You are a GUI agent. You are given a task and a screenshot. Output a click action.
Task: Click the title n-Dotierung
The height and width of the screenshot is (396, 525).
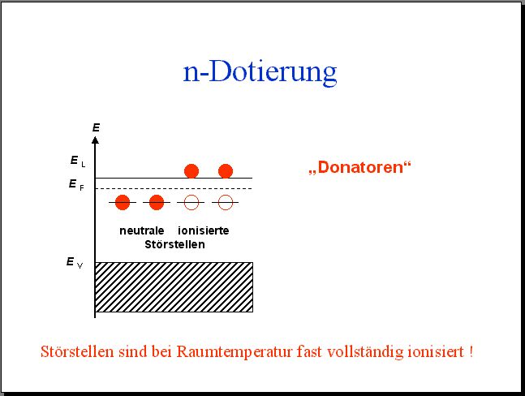coord(260,72)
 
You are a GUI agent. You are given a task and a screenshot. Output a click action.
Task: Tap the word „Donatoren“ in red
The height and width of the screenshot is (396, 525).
coord(359,167)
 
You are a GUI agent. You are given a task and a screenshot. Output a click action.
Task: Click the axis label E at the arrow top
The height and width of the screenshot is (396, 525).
coord(96,127)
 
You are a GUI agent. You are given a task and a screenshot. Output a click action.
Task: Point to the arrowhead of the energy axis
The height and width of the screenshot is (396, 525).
coord(96,140)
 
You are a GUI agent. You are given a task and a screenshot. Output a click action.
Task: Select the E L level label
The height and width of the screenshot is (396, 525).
coord(78,161)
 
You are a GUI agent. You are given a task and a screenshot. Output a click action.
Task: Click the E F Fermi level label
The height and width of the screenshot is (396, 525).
coord(76,185)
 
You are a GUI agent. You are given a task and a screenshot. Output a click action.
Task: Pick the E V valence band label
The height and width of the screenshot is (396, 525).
coord(75,263)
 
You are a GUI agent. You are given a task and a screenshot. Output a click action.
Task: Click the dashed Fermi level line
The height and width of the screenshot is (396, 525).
coord(174,189)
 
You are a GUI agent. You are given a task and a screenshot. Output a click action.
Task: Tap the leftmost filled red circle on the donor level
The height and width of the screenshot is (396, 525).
coord(123,202)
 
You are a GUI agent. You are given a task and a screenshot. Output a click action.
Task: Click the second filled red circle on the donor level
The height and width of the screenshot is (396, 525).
coord(157,202)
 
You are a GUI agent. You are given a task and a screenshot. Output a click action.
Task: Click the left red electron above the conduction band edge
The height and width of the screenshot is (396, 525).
coord(191,171)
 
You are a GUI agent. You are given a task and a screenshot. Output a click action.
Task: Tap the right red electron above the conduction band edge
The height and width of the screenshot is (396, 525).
coord(226,171)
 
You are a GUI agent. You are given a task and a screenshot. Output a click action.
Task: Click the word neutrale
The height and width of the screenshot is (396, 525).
coord(142,230)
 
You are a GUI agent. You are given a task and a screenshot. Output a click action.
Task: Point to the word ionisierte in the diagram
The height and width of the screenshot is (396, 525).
coord(204,230)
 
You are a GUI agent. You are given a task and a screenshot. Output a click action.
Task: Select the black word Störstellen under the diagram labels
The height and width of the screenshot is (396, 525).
coord(174,244)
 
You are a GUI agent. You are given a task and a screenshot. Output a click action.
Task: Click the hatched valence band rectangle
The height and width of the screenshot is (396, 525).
coord(174,287)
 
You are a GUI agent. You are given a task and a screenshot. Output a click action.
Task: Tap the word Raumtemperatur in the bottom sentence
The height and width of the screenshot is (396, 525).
coord(235,352)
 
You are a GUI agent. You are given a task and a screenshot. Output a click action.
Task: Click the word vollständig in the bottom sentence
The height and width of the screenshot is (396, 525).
coord(365,352)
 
